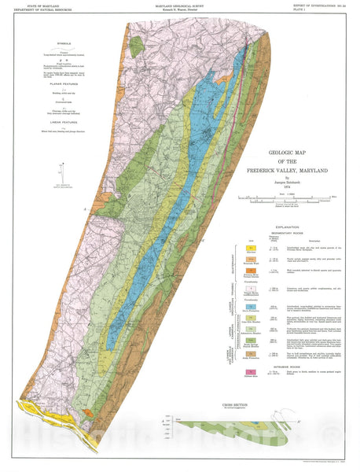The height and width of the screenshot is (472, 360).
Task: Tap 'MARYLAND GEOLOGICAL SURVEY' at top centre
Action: (179, 5)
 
